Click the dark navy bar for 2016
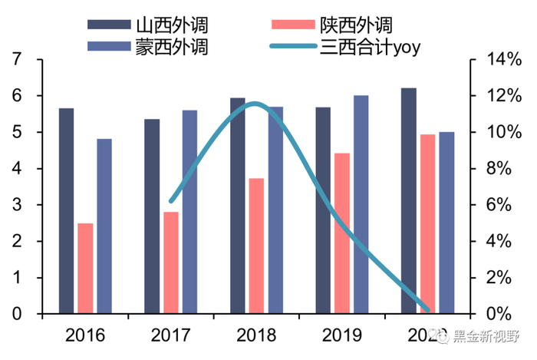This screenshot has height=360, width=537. (67, 211)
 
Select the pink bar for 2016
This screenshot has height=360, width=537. (85, 269)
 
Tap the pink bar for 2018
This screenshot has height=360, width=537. (256, 246)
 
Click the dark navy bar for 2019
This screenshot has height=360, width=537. (323, 210)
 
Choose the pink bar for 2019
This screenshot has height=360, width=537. (341, 233)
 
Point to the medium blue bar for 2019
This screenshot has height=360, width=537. (361, 204)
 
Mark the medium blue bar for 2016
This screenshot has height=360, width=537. (104, 226)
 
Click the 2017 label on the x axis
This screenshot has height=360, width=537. (171, 335)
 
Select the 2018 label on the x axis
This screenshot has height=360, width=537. (256, 335)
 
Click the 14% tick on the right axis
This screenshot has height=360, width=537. (497, 60)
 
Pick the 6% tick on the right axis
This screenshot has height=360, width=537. (499, 205)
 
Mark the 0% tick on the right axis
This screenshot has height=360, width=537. (499, 314)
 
